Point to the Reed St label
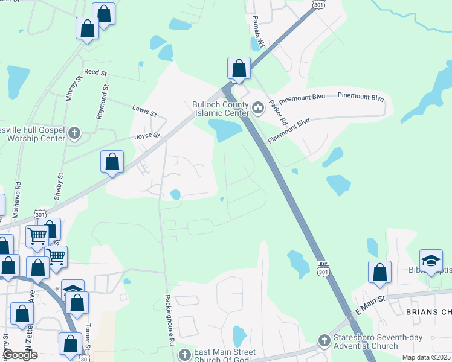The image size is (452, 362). point(95,72)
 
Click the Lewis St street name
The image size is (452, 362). point(144,110)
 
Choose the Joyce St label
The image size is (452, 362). point(147,136)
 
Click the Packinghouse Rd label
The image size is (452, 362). point(170,328)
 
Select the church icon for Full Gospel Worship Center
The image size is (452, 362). point(74,133)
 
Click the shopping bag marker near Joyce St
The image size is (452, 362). point(112,162)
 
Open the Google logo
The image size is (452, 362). point(21,355)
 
